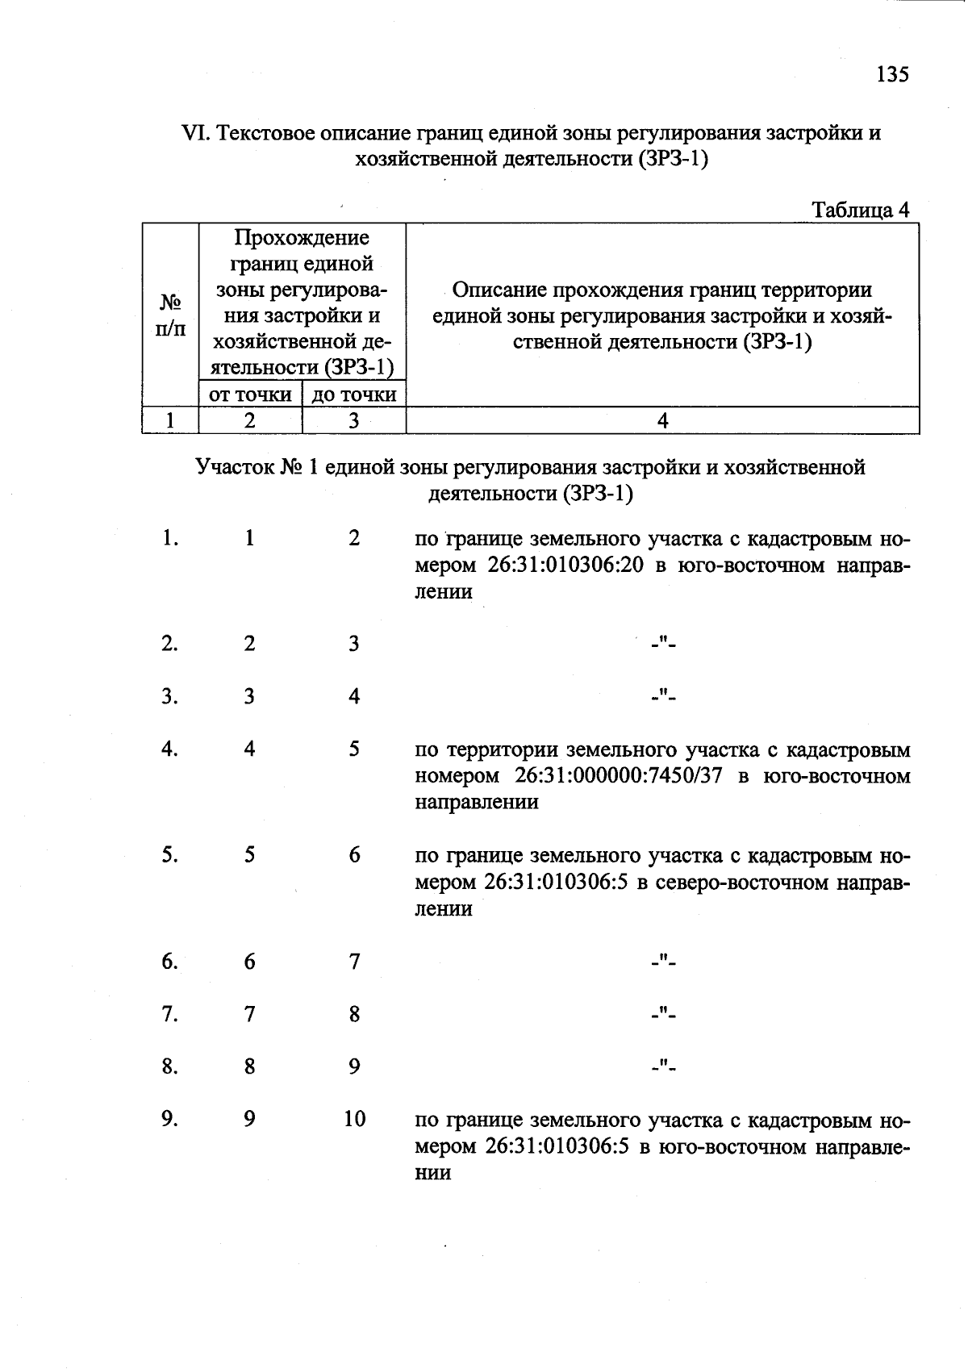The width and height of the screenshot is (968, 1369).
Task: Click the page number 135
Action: [x=891, y=74]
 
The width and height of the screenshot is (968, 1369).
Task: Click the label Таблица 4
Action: [x=860, y=211]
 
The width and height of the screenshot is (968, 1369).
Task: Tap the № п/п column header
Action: [x=169, y=315]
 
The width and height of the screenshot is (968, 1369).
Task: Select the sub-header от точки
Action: [x=250, y=394]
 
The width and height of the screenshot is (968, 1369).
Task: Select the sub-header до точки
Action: [x=354, y=394]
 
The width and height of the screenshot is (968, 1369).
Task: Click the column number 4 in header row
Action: [x=663, y=420]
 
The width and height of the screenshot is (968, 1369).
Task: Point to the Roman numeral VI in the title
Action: [x=195, y=133]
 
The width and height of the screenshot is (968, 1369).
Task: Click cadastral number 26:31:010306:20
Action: [x=565, y=566]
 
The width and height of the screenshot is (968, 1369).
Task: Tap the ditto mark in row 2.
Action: [x=664, y=644]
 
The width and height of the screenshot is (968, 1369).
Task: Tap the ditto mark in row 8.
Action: [x=664, y=1067]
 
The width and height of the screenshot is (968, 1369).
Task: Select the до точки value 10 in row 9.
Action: [x=355, y=1120]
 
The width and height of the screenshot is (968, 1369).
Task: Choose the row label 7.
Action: [x=169, y=1014]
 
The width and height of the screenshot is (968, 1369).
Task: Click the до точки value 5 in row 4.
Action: [x=354, y=749]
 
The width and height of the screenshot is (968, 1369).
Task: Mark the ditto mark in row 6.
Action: [x=664, y=962]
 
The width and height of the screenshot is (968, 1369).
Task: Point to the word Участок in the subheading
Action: [x=235, y=468]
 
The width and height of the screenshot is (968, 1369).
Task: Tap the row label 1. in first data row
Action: [x=169, y=538]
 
